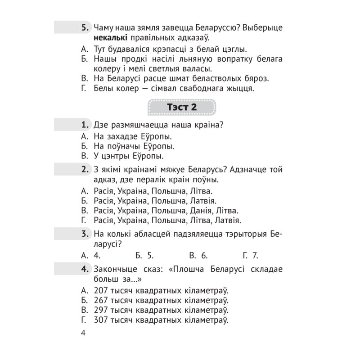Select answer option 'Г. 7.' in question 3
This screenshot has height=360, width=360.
pos(250,255)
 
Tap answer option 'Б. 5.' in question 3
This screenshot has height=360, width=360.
pos(144,255)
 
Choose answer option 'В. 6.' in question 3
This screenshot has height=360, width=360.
pos(198,255)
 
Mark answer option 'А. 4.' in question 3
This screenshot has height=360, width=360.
pos(90,255)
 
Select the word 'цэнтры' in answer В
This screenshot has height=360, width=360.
pos(118,156)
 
